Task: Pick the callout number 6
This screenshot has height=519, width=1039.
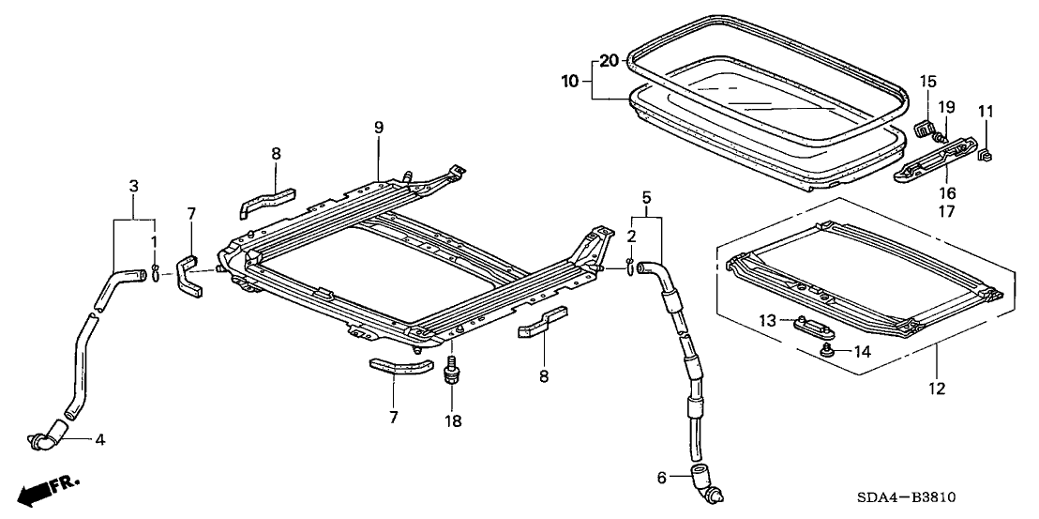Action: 661,478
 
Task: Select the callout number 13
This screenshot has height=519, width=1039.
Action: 766,321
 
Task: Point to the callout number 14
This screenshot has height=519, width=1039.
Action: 862,352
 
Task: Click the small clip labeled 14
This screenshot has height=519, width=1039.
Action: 828,350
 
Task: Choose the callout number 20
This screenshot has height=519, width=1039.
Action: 610,61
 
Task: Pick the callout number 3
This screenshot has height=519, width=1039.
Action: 134,186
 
